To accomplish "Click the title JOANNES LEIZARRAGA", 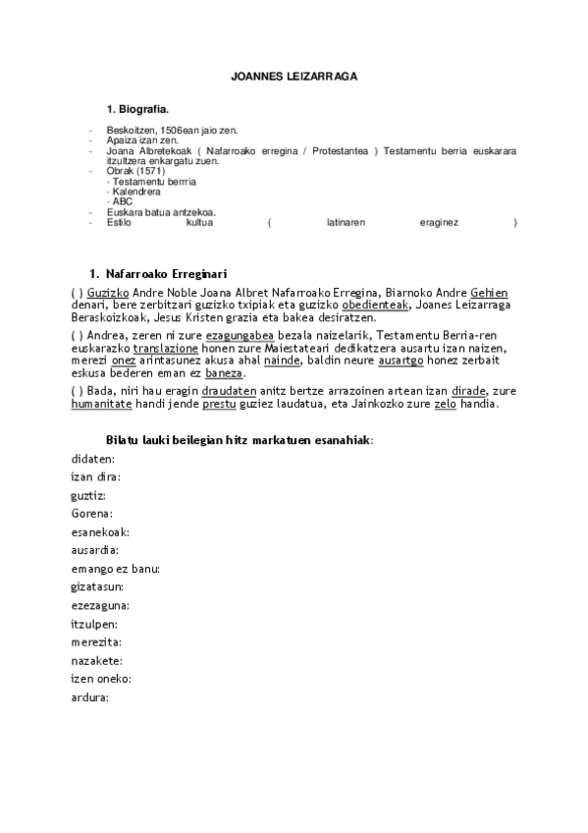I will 294,74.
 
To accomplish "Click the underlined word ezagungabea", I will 240,335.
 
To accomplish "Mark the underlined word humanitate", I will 106,404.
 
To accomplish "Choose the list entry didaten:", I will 93,459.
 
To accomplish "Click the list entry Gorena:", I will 92,514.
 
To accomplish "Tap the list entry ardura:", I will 89,697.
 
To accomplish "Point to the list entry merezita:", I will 96,641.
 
